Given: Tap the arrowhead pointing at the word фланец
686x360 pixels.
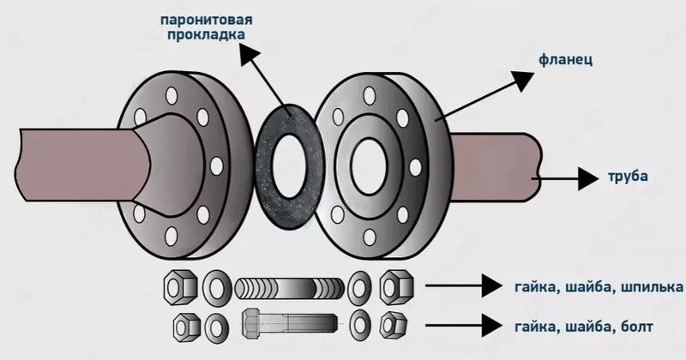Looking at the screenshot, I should point(522,79).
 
